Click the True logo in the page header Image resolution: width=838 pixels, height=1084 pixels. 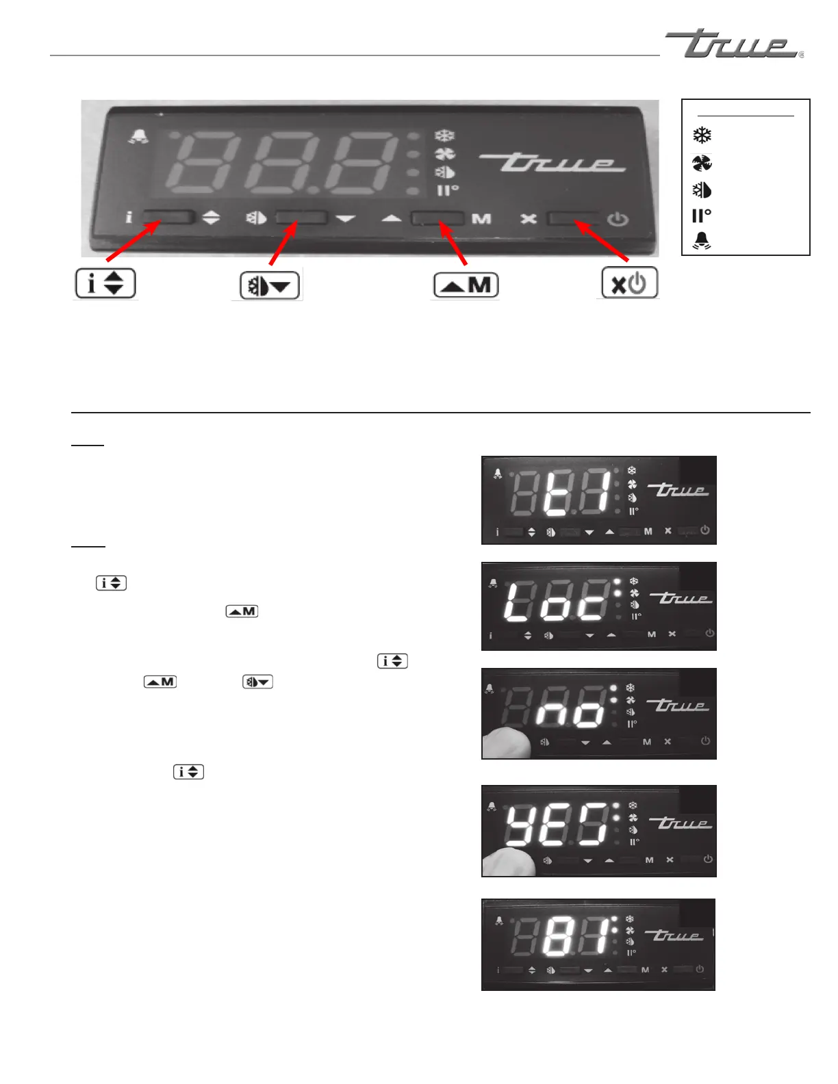coord(733,44)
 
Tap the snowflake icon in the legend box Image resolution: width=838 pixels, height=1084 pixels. coord(702,135)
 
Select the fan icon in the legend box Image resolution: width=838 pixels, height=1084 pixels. coord(702,163)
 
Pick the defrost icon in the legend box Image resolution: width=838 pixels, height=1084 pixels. coord(702,190)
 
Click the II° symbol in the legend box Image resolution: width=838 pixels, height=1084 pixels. coord(701,216)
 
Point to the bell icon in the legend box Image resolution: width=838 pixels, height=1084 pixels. coord(702,240)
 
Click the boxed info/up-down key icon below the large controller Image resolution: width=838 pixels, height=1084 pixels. coord(105,283)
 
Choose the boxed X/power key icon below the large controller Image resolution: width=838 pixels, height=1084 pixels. coord(629,283)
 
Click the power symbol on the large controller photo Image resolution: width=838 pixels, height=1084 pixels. coord(618,220)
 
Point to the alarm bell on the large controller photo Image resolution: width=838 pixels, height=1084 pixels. coord(138,137)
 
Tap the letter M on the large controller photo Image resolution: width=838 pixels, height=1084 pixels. coord(481,219)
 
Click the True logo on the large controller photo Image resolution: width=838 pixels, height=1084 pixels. coord(552,163)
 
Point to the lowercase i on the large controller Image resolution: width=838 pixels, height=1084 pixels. coord(129,218)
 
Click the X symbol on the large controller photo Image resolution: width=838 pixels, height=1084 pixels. coord(528,219)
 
